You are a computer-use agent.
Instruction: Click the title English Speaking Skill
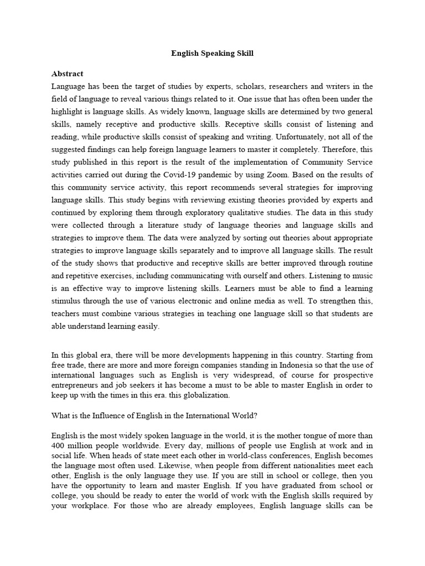point(212,54)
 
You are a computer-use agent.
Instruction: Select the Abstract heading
point(67,74)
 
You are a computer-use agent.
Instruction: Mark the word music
point(359,275)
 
